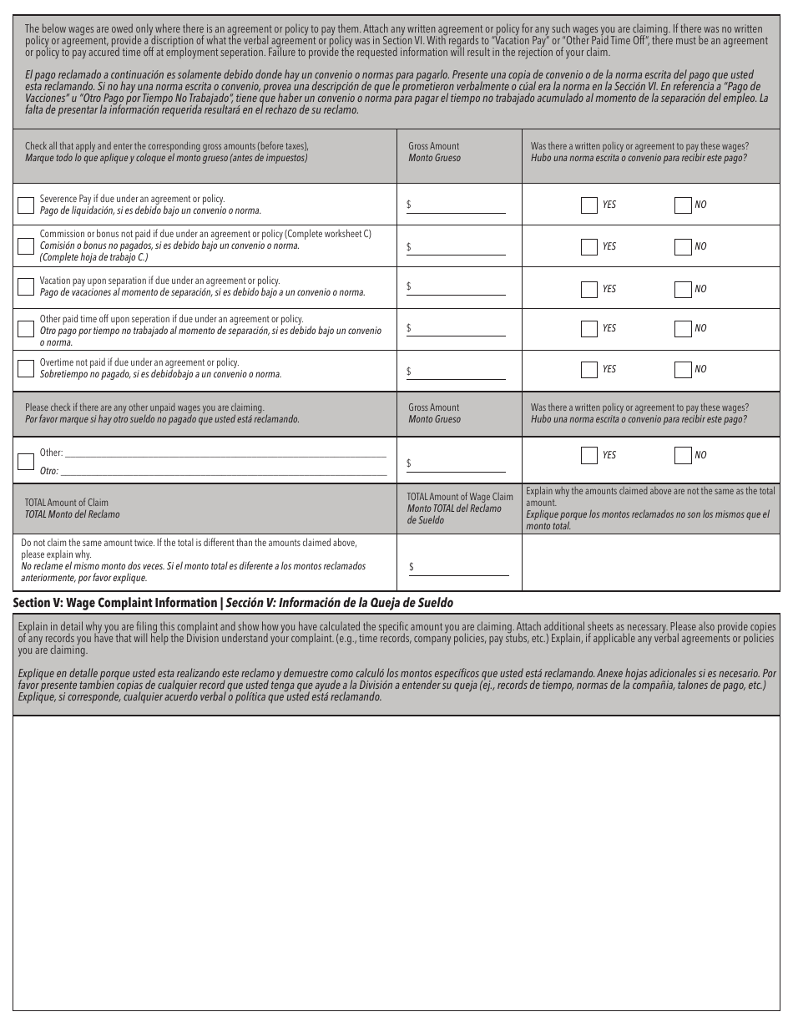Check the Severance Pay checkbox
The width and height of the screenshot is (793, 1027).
pos(26,205)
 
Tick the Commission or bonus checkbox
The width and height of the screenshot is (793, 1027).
pos(26,245)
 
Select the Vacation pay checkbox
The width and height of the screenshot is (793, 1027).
pos(26,286)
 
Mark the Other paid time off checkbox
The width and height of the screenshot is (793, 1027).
pos(26,328)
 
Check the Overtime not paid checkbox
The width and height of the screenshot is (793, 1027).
pos(26,368)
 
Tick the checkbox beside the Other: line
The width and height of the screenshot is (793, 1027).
pos(26,461)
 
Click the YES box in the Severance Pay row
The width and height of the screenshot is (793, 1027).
pos(589,205)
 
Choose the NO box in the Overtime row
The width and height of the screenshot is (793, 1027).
pos(683,369)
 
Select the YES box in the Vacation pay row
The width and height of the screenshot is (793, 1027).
pos(589,289)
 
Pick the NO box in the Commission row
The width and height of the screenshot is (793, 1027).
pos(683,246)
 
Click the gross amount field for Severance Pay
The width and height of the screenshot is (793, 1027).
pos(459,205)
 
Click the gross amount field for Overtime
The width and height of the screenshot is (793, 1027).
pos(459,372)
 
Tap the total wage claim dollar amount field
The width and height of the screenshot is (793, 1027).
pos(462,567)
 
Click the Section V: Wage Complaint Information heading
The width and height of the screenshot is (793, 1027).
pos(234,603)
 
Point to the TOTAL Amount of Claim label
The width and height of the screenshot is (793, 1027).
pos(67,503)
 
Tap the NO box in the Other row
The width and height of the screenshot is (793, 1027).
pos(683,455)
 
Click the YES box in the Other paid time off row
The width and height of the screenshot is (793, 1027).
pos(589,328)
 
